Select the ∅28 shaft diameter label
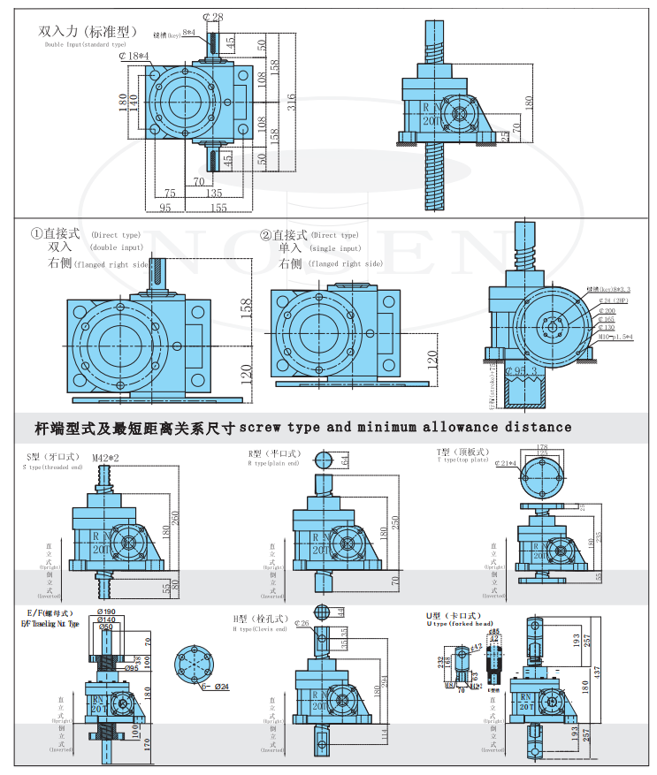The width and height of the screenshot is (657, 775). pos(212,17)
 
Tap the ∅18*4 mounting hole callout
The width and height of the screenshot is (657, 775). pos(135,57)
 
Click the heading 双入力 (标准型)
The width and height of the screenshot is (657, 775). pos(88,31)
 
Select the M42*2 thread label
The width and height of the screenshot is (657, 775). pos(107,458)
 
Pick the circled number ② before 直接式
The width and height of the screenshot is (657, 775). pos(265,235)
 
